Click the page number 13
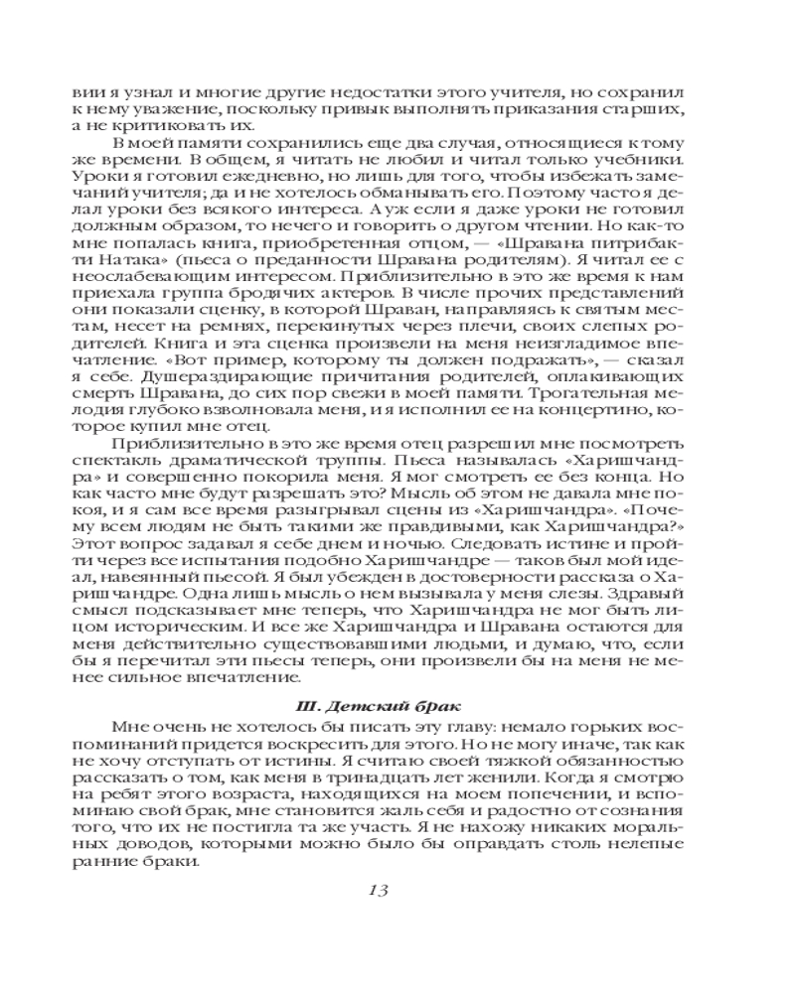pyautogui.click(x=376, y=889)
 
